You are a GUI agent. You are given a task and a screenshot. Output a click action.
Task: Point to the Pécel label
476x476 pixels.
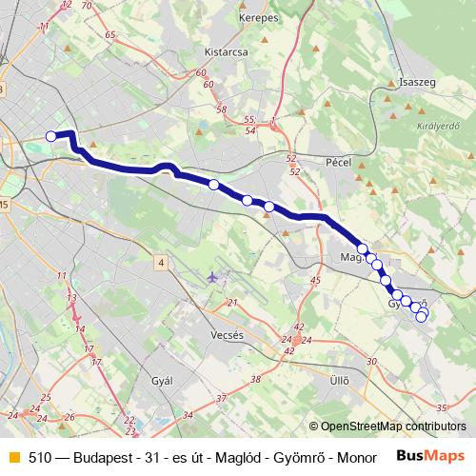coord(338,163)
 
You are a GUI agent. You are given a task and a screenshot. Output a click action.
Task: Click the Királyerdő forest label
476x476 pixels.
coord(439,126)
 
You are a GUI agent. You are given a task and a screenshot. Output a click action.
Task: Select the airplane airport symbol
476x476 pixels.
coord(211,277)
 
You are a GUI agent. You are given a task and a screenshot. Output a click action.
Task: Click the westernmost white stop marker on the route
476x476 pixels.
coord(50,136)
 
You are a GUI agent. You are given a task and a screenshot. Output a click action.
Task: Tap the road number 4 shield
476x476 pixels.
coord(162,262)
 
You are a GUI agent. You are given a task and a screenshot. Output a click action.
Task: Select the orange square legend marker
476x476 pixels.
coord(11,457)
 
